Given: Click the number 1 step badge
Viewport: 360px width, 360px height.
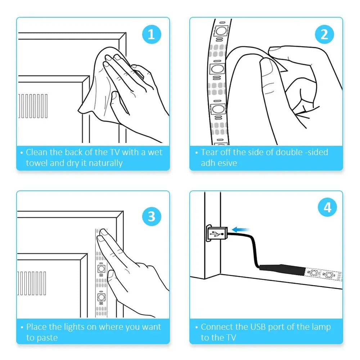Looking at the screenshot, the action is (152, 35).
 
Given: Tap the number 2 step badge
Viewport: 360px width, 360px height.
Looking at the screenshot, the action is (324, 35).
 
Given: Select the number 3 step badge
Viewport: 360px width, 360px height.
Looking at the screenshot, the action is (152, 216).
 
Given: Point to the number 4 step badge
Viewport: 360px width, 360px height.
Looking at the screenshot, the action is (327, 207).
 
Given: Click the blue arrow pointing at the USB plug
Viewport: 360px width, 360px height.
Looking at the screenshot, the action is (240, 229).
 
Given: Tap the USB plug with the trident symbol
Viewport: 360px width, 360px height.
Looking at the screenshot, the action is (217, 233).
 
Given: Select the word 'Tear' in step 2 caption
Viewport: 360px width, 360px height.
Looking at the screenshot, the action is (208, 152).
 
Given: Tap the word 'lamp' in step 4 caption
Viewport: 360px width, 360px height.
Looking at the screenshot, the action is (321, 327).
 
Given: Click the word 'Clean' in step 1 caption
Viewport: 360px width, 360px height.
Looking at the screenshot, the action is (37, 152).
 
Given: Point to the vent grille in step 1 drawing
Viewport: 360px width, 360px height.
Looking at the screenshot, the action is (33, 106).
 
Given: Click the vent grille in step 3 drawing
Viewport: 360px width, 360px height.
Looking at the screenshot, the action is (32, 283).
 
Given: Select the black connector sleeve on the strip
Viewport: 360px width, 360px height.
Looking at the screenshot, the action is (283, 270).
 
